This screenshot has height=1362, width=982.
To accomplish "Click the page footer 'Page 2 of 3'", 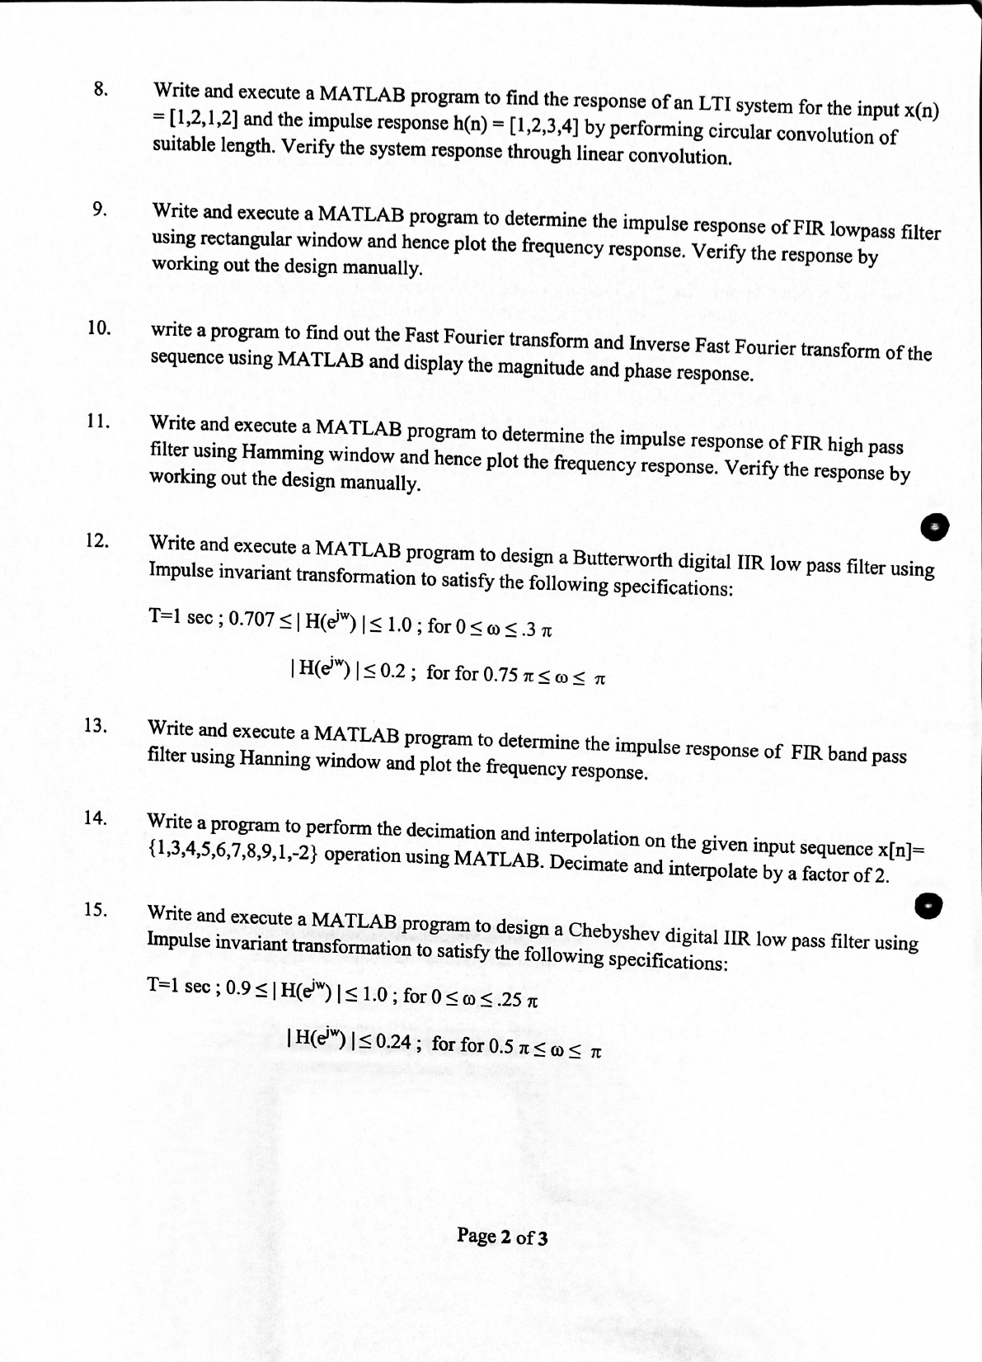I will coord(502,1236).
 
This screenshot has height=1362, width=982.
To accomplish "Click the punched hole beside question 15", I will coord(929,905).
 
